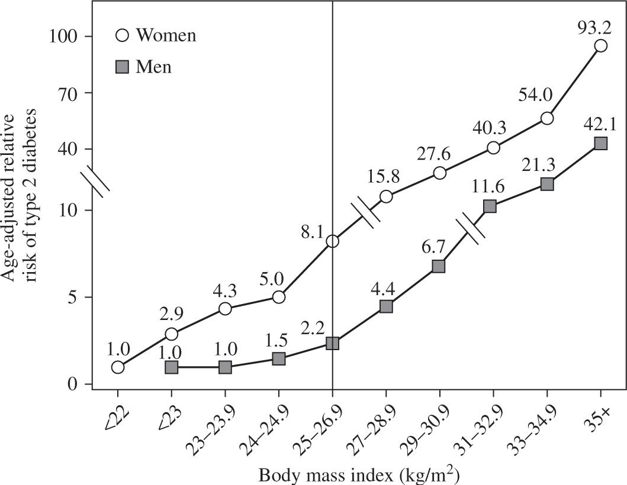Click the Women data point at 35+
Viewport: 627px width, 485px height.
pyautogui.click(x=600, y=46)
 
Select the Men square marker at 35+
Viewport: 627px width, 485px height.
pyautogui.click(x=600, y=143)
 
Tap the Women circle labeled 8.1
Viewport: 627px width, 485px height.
pyautogui.click(x=332, y=241)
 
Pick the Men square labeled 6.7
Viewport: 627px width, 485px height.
pyautogui.click(x=439, y=266)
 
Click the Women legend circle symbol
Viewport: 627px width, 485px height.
pyautogui.click(x=123, y=35)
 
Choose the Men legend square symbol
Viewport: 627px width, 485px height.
pyautogui.click(x=123, y=66)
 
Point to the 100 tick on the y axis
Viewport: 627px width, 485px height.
pyautogui.click(x=89, y=36)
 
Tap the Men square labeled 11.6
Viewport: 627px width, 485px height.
pyautogui.click(x=490, y=206)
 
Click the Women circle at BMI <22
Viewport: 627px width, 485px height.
pyautogui.click(x=117, y=367)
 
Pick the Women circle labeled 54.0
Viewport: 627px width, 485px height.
pyautogui.click(x=547, y=118)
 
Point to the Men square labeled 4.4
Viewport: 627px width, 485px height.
pyautogui.click(x=386, y=306)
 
